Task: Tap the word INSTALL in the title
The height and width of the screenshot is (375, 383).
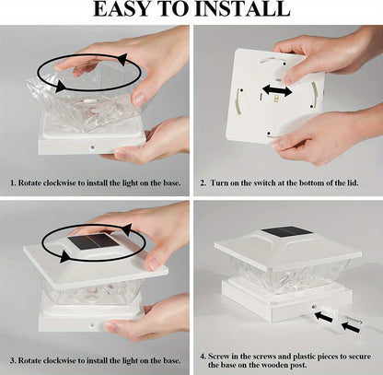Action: [242, 9]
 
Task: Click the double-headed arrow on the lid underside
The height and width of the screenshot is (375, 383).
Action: [277, 90]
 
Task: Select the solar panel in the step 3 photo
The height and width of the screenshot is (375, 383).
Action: [93, 241]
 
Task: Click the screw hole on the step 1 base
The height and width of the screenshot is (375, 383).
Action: [91, 147]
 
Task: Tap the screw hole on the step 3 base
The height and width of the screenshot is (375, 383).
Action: [91, 325]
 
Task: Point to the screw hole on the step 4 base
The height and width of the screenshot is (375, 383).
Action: [314, 307]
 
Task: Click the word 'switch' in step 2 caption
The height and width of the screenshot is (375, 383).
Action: [264, 183]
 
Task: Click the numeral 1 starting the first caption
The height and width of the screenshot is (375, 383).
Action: [13, 183]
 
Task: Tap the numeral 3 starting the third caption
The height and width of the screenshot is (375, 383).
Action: [13, 360]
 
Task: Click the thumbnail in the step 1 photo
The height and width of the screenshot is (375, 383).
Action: [140, 99]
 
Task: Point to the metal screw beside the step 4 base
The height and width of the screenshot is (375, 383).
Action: [355, 321]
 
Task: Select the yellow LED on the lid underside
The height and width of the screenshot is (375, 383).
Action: [276, 99]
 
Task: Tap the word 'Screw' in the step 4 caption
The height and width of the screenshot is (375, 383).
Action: [218, 357]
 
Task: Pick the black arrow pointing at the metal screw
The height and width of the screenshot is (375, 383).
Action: [351, 327]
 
